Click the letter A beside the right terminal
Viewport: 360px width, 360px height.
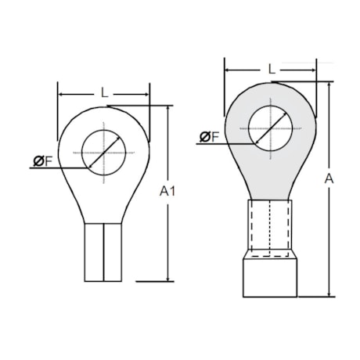click(329, 179)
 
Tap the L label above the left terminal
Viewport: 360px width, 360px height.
click(105, 93)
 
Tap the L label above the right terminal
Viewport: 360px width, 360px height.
click(271, 69)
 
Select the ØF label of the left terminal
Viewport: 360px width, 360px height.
click(42, 161)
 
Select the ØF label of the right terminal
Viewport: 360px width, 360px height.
click(209, 137)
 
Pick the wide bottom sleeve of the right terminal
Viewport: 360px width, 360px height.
click(271, 276)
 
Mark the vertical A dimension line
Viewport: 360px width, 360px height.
click(329, 235)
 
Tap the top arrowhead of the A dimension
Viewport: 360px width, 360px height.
click(329, 84)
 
